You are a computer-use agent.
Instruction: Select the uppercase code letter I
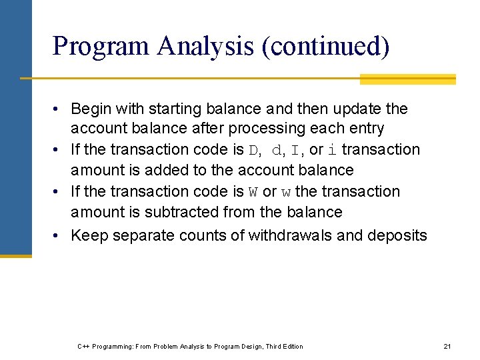[295, 150]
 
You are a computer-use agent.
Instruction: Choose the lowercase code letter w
[286, 193]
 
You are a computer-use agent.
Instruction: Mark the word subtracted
[185, 212]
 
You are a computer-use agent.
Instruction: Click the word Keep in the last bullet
[88, 235]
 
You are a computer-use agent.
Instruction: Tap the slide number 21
[447, 346]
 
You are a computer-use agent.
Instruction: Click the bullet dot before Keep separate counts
[59, 235]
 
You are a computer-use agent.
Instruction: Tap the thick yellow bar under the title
[407, 79]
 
